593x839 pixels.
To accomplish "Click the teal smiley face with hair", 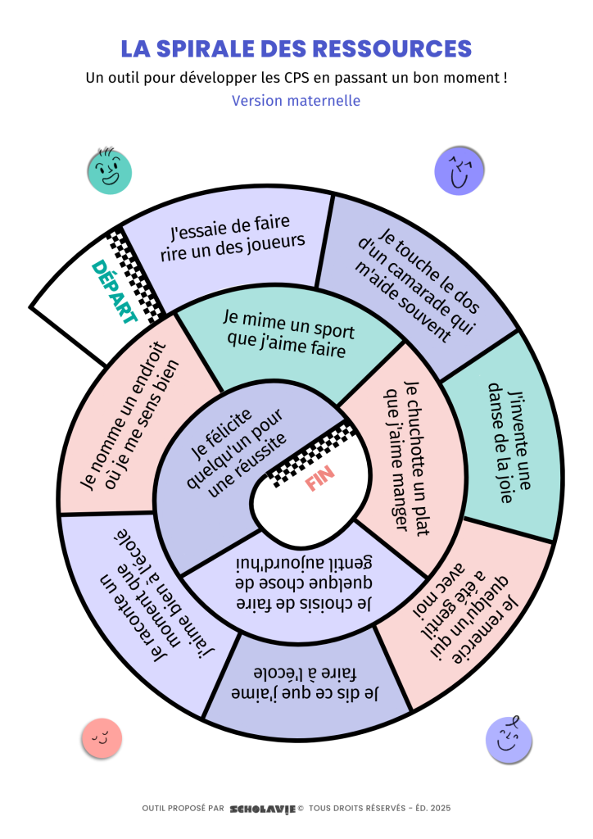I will [109, 171].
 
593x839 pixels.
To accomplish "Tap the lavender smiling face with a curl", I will [509, 739].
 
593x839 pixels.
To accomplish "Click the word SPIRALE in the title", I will [215, 48].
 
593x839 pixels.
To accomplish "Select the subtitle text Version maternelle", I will [296, 101].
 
